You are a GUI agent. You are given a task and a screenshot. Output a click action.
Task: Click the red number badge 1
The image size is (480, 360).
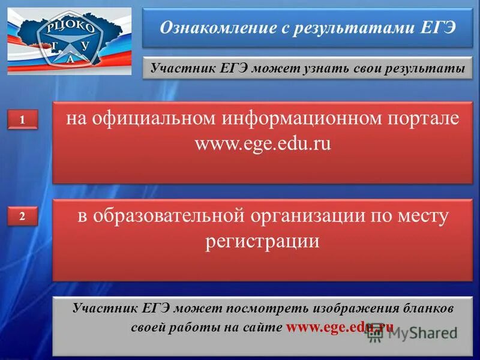(22, 120)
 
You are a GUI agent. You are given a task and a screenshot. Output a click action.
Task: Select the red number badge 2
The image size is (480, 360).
(22, 217)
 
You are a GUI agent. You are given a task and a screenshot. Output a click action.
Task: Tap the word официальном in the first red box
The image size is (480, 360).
(153, 118)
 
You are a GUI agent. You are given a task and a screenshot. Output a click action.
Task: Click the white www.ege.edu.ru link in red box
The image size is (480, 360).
(263, 145)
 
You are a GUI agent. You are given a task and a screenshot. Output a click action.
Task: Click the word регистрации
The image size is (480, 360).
(262, 241)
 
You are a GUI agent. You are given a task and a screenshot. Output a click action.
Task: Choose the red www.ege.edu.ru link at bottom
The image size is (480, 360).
(340, 328)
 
